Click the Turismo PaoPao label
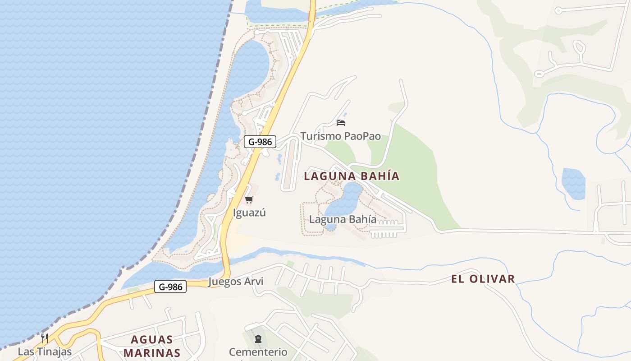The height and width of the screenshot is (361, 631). [x=340, y=136]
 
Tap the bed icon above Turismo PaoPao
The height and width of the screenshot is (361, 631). [x=341, y=122]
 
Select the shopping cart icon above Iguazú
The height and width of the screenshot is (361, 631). [x=249, y=199]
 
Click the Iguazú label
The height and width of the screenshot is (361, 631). [x=249, y=213]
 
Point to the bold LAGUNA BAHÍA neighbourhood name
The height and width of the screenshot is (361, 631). [x=352, y=176]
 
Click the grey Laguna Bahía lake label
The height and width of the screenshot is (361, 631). [x=343, y=219]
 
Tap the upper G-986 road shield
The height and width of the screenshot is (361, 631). [x=260, y=142]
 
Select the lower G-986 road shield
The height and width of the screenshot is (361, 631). [x=170, y=287]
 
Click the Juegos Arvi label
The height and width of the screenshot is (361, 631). [x=236, y=282]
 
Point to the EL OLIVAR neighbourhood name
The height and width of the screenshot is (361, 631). [x=483, y=279]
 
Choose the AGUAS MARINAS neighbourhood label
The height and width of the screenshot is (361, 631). [x=152, y=346]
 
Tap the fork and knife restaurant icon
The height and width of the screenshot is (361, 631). [x=45, y=338]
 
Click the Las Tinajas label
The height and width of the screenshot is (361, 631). [x=45, y=351]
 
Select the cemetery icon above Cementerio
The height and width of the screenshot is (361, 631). [x=258, y=338]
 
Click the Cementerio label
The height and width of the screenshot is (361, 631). [x=258, y=352]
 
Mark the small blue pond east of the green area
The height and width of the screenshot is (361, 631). [x=573, y=183]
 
